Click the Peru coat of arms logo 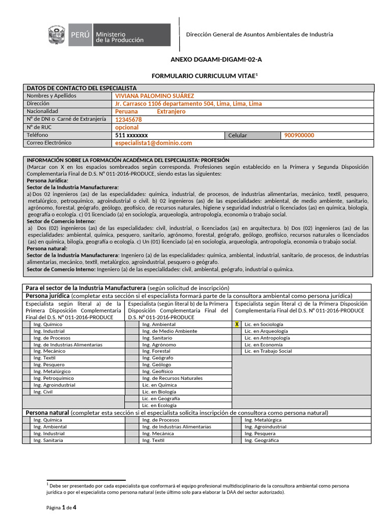pos(57,36)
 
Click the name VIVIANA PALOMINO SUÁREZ pos(155,96)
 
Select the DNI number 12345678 pos(128,120)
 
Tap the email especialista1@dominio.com pos(153,143)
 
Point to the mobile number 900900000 pos(299,136)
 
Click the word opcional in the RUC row pos(127,127)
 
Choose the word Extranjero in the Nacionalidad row pos(171,112)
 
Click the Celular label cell pos(238,136)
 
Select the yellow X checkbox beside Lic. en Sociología pos(237,324)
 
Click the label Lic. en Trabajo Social pos(268,351)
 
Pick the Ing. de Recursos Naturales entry pos(172,378)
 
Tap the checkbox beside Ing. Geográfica pos(237,440)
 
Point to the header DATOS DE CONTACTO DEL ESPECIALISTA pos(81,88)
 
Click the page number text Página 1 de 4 pos(61,508)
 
